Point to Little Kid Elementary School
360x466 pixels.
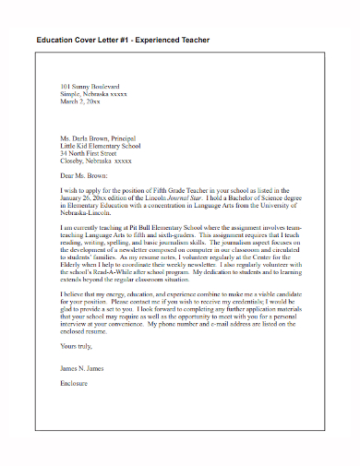100,145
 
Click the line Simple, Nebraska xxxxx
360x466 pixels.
93,94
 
